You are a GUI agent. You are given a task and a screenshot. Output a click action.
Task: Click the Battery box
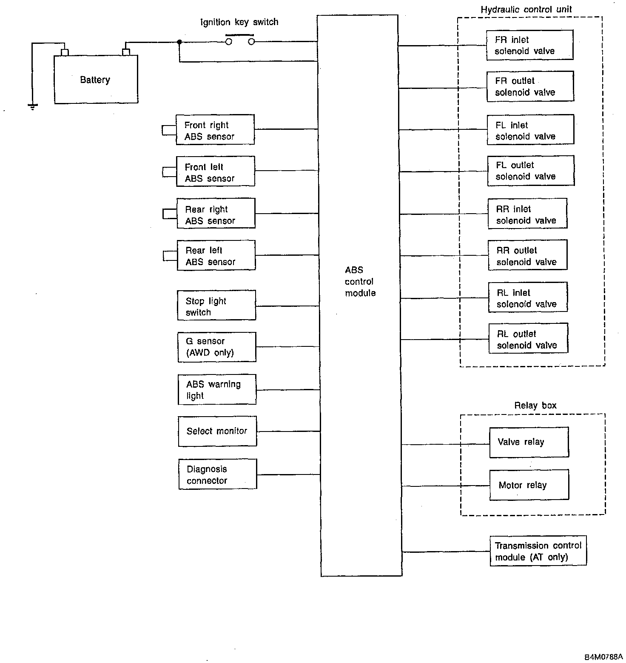[x=96, y=80]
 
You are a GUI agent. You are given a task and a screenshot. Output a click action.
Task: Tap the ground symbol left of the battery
[x=32, y=106]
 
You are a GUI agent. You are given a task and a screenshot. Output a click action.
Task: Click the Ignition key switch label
[x=239, y=22]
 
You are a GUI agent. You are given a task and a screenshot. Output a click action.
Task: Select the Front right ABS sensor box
[x=215, y=130]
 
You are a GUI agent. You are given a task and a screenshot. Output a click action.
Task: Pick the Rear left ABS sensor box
[x=216, y=255]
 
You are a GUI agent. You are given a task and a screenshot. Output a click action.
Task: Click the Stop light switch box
[x=216, y=306]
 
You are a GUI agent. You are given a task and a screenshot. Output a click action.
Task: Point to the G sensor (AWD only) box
[x=217, y=347]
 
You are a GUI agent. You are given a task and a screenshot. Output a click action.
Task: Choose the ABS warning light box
[x=217, y=389]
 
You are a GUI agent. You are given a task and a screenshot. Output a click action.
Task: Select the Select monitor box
[x=217, y=431]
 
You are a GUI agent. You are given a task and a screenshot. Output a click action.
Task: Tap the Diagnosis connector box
[x=217, y=474]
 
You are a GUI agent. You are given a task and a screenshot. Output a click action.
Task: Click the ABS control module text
[x=360, y=281]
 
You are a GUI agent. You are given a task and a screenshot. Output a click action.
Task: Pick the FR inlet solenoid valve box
[x=529, y=45]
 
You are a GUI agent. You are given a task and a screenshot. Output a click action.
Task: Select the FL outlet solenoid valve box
[x=531, y=171]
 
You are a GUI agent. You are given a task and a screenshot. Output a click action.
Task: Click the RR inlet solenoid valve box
[x=527, y=214]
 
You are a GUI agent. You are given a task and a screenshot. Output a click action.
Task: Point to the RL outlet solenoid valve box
[x=528, y=339]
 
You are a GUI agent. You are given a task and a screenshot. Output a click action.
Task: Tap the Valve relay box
[x=529, y=443]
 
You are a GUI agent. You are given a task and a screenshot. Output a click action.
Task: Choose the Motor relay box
[x=529, y=485]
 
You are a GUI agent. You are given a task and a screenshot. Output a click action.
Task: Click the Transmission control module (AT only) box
[x=538, y=551]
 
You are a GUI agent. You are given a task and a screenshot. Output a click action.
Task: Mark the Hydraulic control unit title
[x=526, y=9]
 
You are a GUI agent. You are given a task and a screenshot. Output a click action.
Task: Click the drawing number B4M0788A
[x=603, y=656]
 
